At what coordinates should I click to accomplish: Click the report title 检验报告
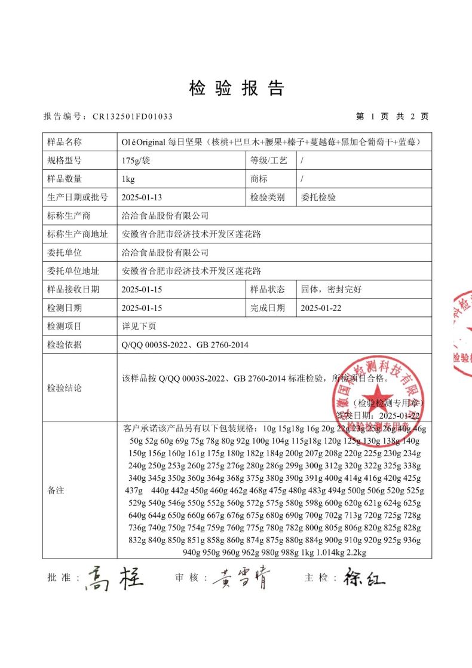tap(236, 89)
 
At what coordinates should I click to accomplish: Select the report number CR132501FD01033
tap(133, 117)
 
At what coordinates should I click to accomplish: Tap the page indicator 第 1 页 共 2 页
tap(392, 117)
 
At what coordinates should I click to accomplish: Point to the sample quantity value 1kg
tap(127, 179)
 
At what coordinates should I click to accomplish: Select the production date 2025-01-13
tap(141, 197)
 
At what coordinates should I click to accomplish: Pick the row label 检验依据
tap(64, 345)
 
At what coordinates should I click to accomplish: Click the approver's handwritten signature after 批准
tap(115, 579)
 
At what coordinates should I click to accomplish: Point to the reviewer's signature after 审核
tap(241, 578)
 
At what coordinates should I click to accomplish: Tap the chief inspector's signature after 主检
tap(364, 578)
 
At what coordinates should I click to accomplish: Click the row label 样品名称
tap(64, 142)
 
